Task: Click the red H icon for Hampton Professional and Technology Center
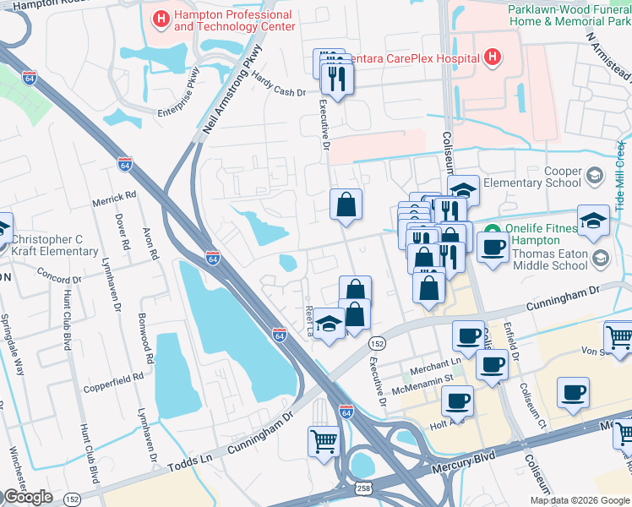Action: (x=160, y=17)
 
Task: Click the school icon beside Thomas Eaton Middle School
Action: (x=600, y=258)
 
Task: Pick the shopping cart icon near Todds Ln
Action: (x=324, y=441)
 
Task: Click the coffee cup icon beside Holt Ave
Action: (x=457, y=400)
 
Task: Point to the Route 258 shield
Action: (x=363, y=490)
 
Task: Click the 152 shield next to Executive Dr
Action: (x=376, y=343)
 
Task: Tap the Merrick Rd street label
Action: (x=117, y=196)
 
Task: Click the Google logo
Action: (x=28, y=497)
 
